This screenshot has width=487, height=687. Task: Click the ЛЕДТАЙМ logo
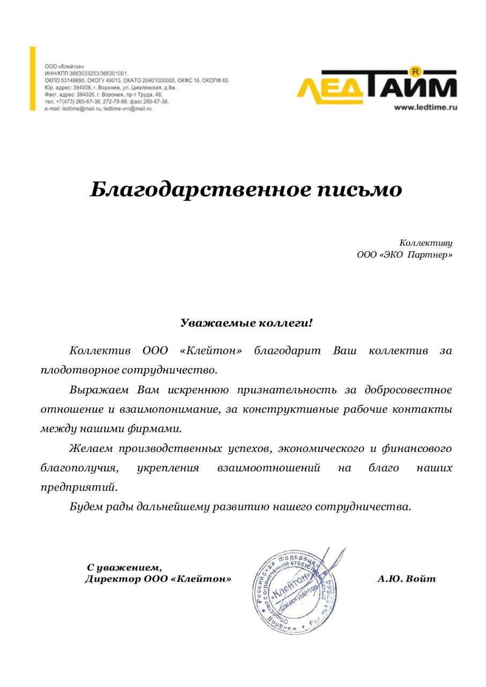click(x=377, y=85)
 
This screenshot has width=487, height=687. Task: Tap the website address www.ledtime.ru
click(x=425, y=107)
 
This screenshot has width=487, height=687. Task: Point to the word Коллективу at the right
click(x=425, y=243)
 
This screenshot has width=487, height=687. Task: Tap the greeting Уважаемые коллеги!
click(x=246, y=323)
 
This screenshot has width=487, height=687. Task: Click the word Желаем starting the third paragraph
click(x=91, y=448)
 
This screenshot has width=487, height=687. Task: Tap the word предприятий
click(x=78, y=487)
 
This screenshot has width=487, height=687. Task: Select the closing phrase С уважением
click(x=124, y=567)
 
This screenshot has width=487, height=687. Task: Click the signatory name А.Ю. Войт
click(x=407, y=579)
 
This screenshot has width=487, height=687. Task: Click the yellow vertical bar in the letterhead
click(x=33, y=78)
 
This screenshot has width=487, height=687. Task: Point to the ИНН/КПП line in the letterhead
click(x=86, y=73)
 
